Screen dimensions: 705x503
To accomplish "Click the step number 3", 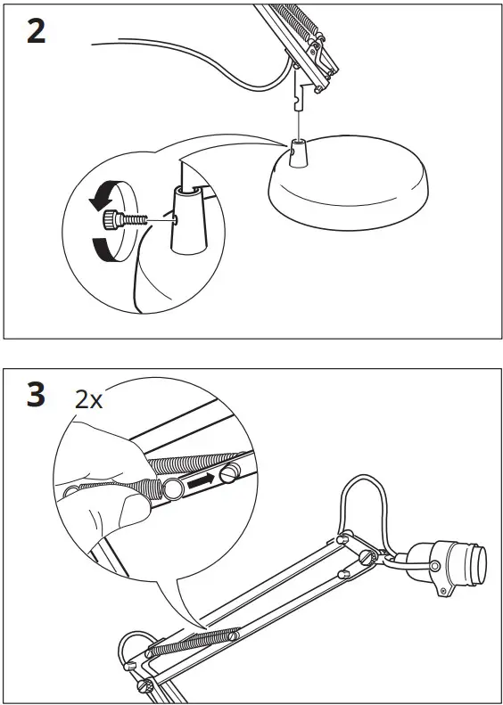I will pyautogui.click(x=35, y=396).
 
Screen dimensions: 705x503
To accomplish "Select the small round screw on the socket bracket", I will pyautogui.click(x=434, y=565).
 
